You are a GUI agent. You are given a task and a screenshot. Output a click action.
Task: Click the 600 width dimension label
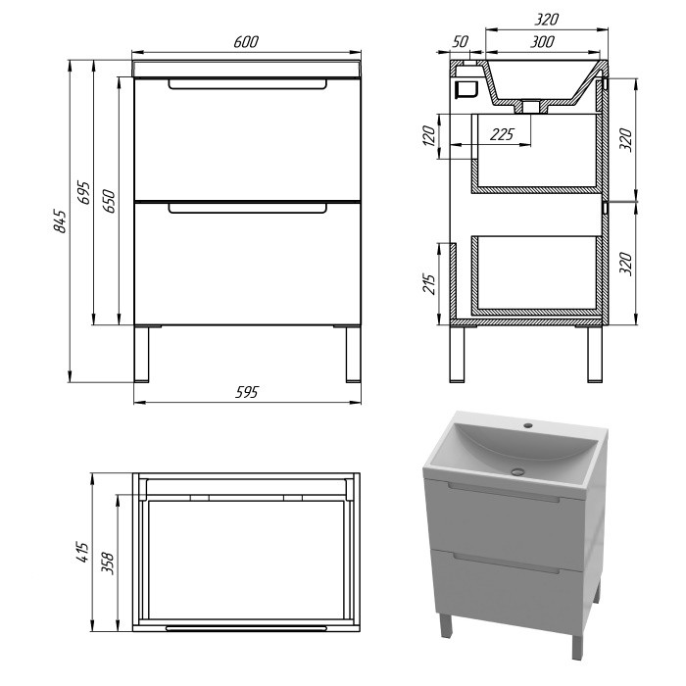pyautogui.click(x=246, y=41)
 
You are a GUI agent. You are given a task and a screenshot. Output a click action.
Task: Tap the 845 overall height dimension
pyautogui.click(x=60, y=221)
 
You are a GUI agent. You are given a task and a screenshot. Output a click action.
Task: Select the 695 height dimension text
pyautogui.click(x=83, y=192)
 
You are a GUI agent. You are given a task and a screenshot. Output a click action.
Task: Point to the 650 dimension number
pyautogui.click(x=109, y=201)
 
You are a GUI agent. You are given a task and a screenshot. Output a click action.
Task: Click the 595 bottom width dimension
pyautogui.click(x=247, y=392)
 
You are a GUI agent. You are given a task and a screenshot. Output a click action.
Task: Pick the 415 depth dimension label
pyautogui.click(x=83, y=552)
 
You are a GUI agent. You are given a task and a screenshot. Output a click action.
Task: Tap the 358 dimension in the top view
pyautogui.click(x=108, y=563)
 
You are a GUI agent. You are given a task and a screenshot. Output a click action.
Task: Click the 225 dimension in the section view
pyautogui.click(x=502, y=134)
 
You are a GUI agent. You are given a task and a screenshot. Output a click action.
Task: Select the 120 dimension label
pyautogui.click(x=429, y=135)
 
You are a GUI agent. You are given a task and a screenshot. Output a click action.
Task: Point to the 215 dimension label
pyautogui.click(x=430, y=284)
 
